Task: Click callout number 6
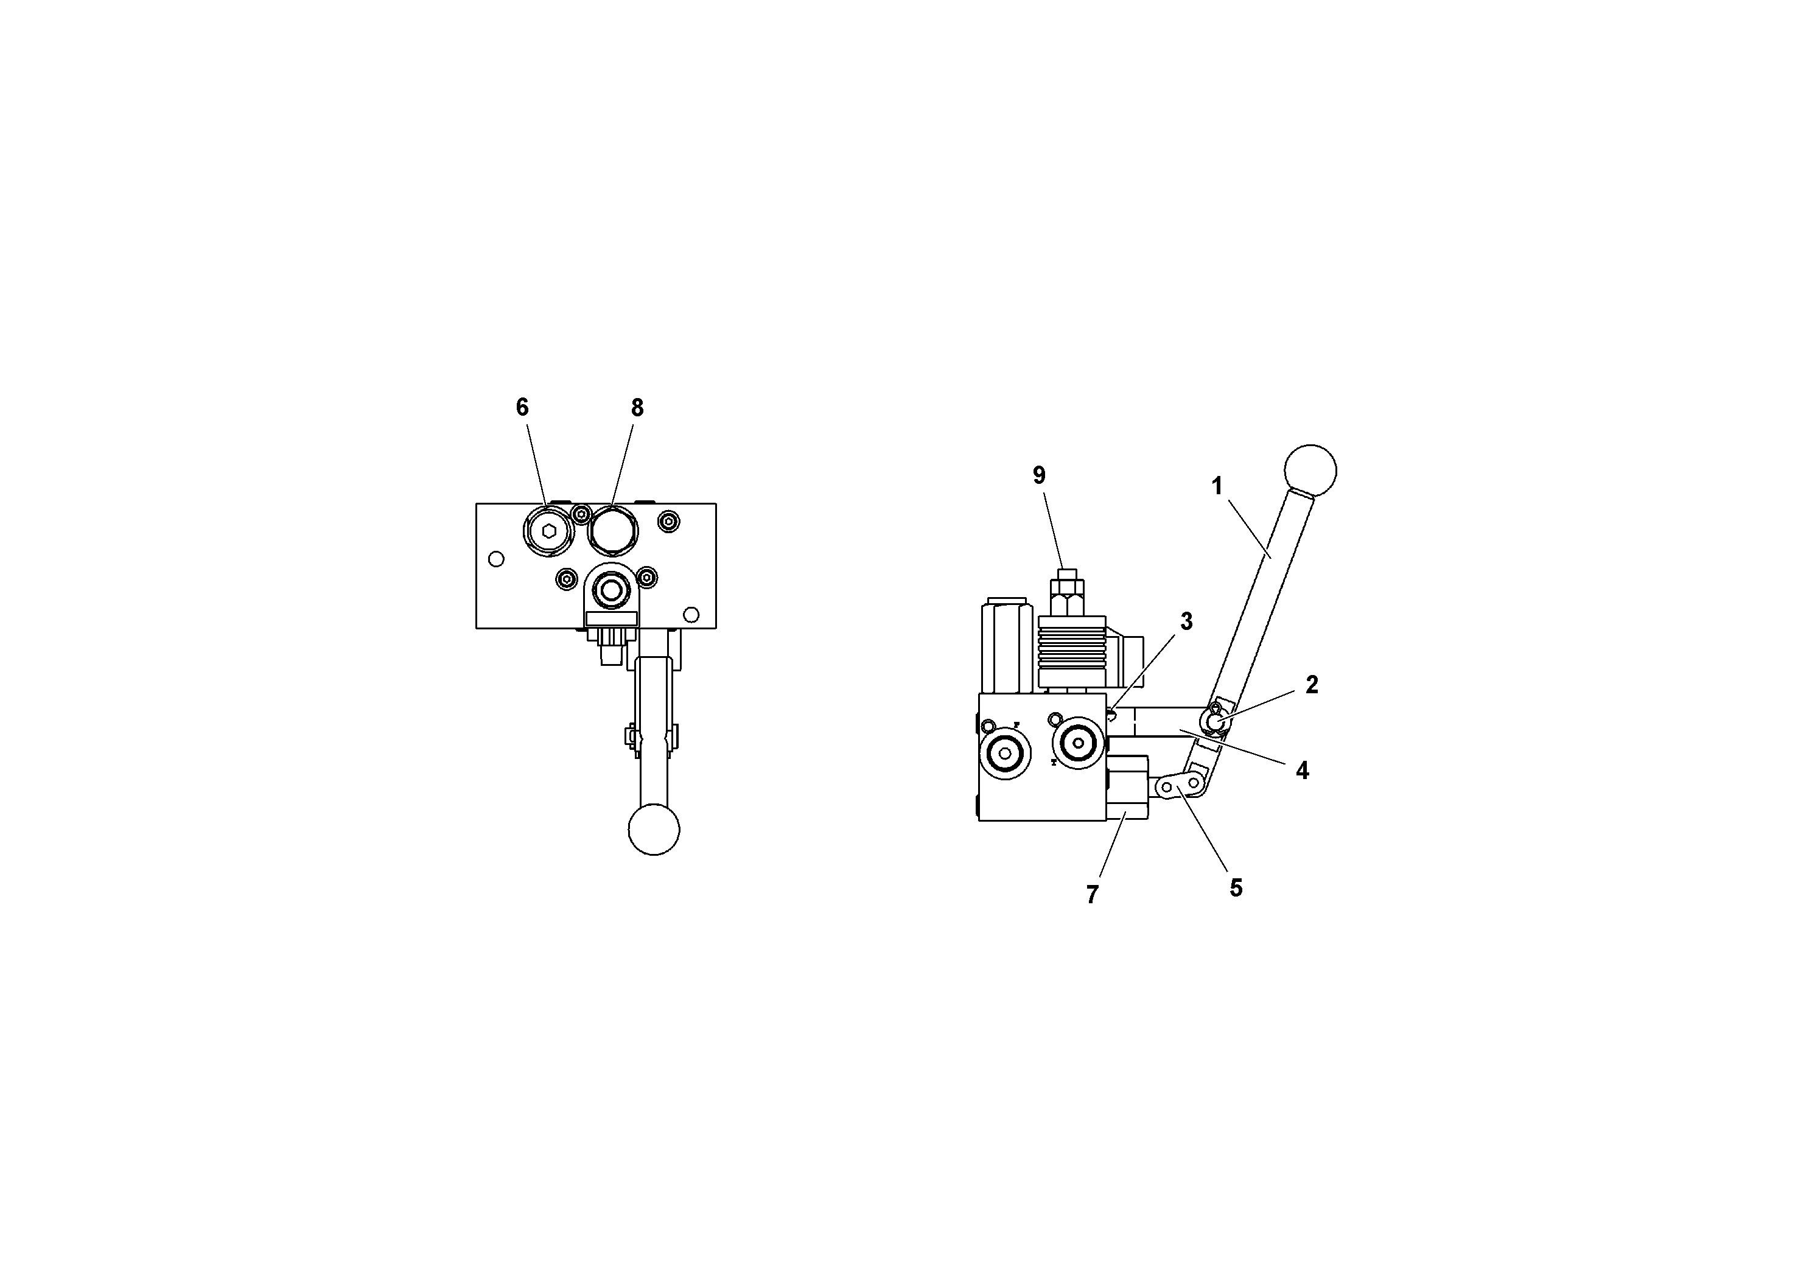point(522,407)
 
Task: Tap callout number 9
point(1038,475)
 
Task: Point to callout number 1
point(1216,486)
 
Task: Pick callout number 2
point(1312,685)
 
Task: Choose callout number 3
point(1186,622)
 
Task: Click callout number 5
point(1236,888)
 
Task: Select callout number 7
point(1092,894)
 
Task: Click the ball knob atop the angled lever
point(1310,470)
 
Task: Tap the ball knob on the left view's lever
point(654,830)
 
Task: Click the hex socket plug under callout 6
point(548,531)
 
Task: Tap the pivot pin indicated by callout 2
point(1214,719)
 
